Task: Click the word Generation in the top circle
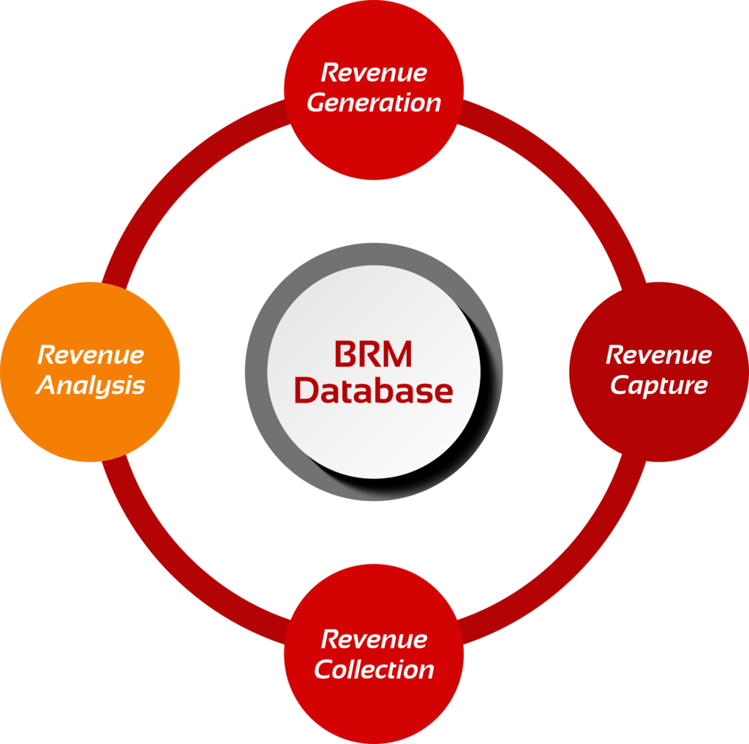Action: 374,103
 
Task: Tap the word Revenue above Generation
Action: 374,73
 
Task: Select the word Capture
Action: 658,386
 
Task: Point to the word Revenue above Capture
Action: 658,355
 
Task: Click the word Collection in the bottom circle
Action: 374,669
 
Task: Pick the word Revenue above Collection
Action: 374,639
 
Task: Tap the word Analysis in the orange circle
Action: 90,386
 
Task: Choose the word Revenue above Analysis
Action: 90,355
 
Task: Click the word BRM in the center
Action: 374,355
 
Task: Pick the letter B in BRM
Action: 345,355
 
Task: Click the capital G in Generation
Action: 316,103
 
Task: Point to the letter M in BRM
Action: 399,355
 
